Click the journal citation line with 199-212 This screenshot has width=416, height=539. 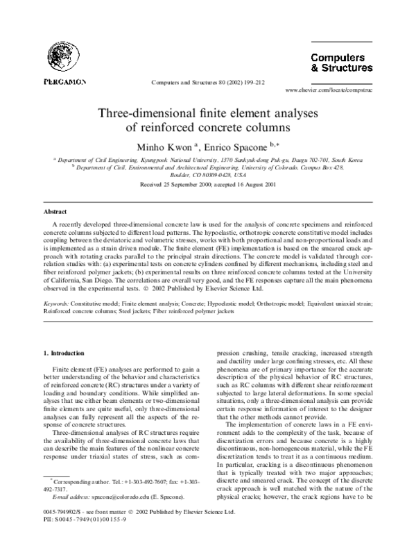207,82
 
